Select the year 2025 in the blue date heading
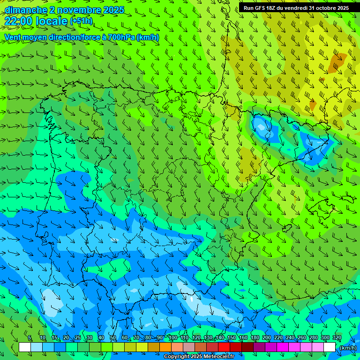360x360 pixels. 114,10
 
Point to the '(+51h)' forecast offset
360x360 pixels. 81,21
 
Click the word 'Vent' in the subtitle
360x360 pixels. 14,37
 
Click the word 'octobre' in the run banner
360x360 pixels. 320,8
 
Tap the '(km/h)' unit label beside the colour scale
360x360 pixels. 347,347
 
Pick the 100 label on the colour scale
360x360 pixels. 173,337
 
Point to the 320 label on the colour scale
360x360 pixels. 337,337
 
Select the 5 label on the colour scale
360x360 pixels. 30,337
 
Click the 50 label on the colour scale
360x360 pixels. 113,337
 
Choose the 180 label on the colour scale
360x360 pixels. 255,337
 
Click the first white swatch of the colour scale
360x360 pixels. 25,347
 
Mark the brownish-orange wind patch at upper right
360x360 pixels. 337,62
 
